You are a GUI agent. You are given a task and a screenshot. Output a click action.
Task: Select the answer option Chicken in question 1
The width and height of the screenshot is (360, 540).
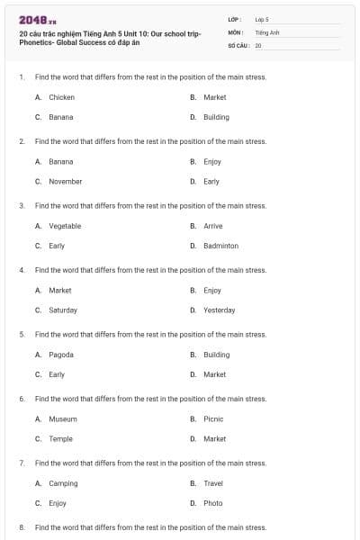[x=61, y=97]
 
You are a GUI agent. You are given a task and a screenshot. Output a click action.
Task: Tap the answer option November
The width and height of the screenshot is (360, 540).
[x=65, y=181]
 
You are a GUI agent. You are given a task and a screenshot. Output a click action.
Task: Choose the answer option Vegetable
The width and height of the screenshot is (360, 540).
[x=65, y=226]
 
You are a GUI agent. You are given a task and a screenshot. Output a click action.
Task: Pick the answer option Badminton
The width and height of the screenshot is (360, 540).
[x=220, y=246]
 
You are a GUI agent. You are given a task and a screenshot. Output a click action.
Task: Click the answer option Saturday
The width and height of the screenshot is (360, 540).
[x=63, y=310]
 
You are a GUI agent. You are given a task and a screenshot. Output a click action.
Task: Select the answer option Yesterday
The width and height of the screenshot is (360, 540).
[x=219, y=310]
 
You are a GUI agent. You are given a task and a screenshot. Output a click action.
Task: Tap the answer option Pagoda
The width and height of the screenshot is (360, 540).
[x=61, y=355]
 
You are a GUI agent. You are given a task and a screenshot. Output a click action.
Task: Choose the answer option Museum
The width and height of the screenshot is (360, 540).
[x=63, y=418]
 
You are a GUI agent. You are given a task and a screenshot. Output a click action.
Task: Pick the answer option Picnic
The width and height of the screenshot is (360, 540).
[x=213, y=418]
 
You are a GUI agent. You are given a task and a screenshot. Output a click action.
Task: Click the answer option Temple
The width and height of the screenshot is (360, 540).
[x=60, y=438]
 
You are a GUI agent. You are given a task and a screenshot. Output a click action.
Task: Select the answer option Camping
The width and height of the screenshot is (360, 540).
[x=63, y=483]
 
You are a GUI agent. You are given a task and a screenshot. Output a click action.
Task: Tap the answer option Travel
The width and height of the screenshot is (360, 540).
[x=213, y=483]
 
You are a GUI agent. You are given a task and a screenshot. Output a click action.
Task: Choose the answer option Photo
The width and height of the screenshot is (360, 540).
[x=212, y=503]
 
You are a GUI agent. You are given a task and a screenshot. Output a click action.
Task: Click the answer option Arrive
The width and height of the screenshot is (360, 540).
[x=213, y=226]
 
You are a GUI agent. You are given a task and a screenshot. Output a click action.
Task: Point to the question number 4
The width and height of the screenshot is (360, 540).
[x=22, y=270]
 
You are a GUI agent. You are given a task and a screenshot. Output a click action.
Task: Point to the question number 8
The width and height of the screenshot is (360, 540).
[x=22, y=526]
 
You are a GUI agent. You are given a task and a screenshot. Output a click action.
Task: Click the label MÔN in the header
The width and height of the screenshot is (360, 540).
[x=236, y=31]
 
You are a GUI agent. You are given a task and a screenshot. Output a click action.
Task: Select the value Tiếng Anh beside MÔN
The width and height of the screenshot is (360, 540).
[x=267, y=31]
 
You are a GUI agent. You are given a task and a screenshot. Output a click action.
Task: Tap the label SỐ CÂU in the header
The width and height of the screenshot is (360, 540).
[x=238, y=44]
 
